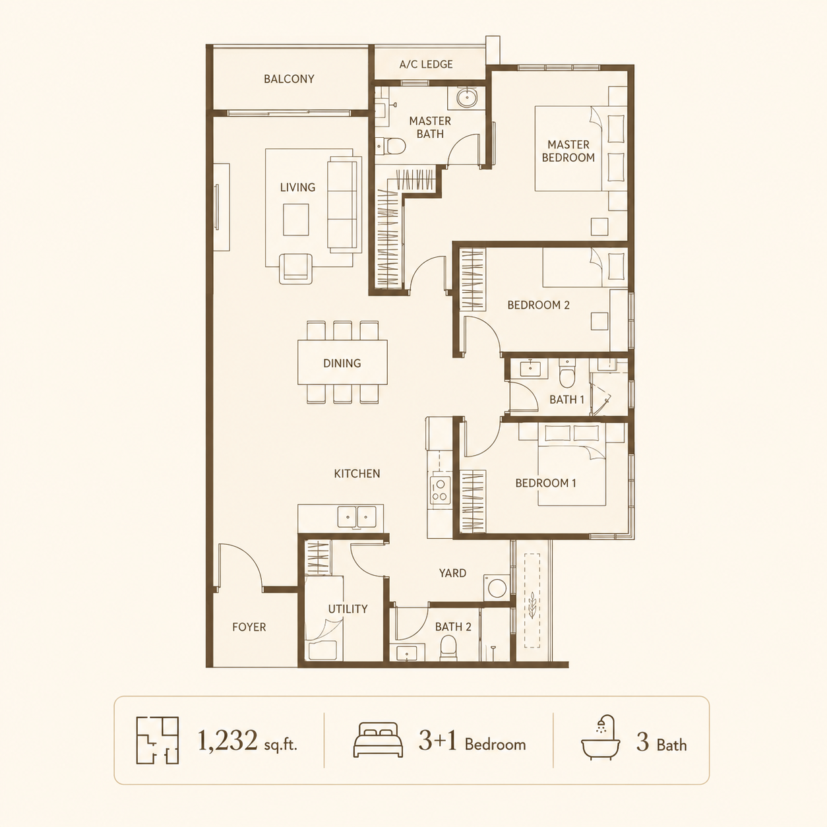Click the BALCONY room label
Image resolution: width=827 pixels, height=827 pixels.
(x=289, y=79)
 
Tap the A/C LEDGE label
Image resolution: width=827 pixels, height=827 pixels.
(x=426, y=65)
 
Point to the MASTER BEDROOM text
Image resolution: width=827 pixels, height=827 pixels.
(x=568, y=151)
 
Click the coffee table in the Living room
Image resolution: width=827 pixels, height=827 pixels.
(x=295, y=220)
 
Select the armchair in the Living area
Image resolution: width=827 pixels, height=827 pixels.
(x=295, y=268)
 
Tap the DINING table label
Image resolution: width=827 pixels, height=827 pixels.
(x=342, y=363)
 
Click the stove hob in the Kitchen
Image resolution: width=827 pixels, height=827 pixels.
(x=441, y=490)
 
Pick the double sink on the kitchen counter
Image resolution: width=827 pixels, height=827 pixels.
(x=357, y=516)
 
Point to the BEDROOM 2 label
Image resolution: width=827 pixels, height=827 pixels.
(x=538, y=305)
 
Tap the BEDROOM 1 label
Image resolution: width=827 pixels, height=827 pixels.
(x=545, y=483)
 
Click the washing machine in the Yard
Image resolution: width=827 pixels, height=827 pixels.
(x=497, y=588)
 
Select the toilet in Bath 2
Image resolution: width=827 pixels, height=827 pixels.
(x=448, y=648)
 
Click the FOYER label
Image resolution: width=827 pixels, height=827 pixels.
(x=249, y=627)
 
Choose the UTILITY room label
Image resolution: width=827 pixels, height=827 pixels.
(x=348, y=609)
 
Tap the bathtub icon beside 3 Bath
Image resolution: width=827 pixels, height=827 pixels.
(x=600, y=738)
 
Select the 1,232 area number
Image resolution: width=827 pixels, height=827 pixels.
(x=227, y=741)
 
